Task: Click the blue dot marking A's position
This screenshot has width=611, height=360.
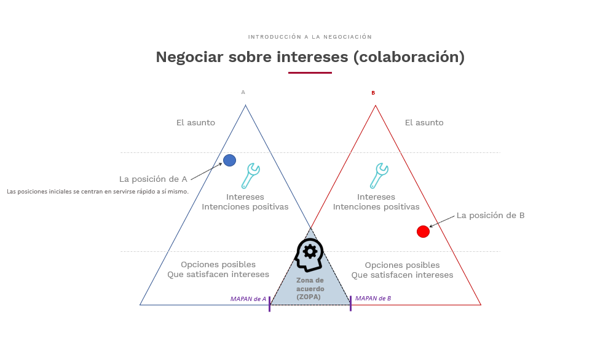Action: tap(229, 160)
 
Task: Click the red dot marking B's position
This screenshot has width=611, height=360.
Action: tap(423, 232)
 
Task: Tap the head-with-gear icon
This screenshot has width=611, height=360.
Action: tap(309, 255)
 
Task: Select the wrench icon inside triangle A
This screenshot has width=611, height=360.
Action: tap(250, 176)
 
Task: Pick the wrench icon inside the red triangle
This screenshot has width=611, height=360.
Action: tap(379, 176)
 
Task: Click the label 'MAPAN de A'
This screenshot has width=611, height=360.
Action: tap(248, 299)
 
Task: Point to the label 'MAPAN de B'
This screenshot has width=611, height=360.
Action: tap(373, 298)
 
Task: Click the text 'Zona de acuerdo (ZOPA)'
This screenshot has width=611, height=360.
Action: tap(310, 288)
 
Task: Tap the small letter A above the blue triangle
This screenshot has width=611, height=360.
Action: tap(243, 92)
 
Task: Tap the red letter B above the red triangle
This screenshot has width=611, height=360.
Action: tap(373, 93)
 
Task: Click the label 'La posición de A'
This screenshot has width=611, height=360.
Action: tap(153, 179)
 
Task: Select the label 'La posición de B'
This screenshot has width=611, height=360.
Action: tap(491, 216)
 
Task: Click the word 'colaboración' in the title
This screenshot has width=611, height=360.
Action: tap(409, 57)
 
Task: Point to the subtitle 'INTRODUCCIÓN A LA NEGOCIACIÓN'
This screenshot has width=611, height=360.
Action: tap(310, 37)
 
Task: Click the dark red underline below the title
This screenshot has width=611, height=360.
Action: tap(310, 72)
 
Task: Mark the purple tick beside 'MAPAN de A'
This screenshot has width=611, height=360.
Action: tap(269, 304)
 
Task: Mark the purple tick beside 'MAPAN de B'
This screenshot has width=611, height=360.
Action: tap(351, 303)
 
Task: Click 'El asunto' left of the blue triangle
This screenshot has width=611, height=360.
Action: tap(195, 123)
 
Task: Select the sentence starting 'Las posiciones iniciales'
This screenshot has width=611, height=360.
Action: tap(97, 192)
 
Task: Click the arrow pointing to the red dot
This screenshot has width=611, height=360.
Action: tap(442, 221)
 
